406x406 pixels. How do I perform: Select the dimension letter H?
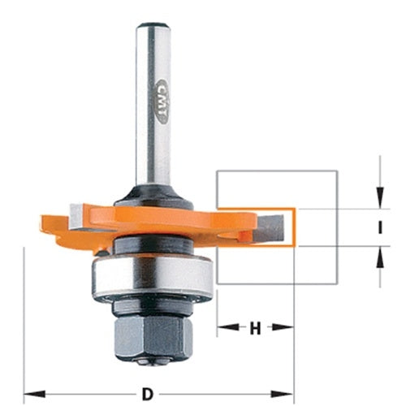tap(255, 329)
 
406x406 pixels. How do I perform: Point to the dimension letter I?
tap(379, 229)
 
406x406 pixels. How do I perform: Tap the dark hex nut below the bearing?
tap(153, 332)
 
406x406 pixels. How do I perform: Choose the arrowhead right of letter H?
tap(287, 329)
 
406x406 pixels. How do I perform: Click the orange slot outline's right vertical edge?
tap(298, 227)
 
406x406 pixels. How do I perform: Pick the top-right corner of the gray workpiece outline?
tap(337, 171)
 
